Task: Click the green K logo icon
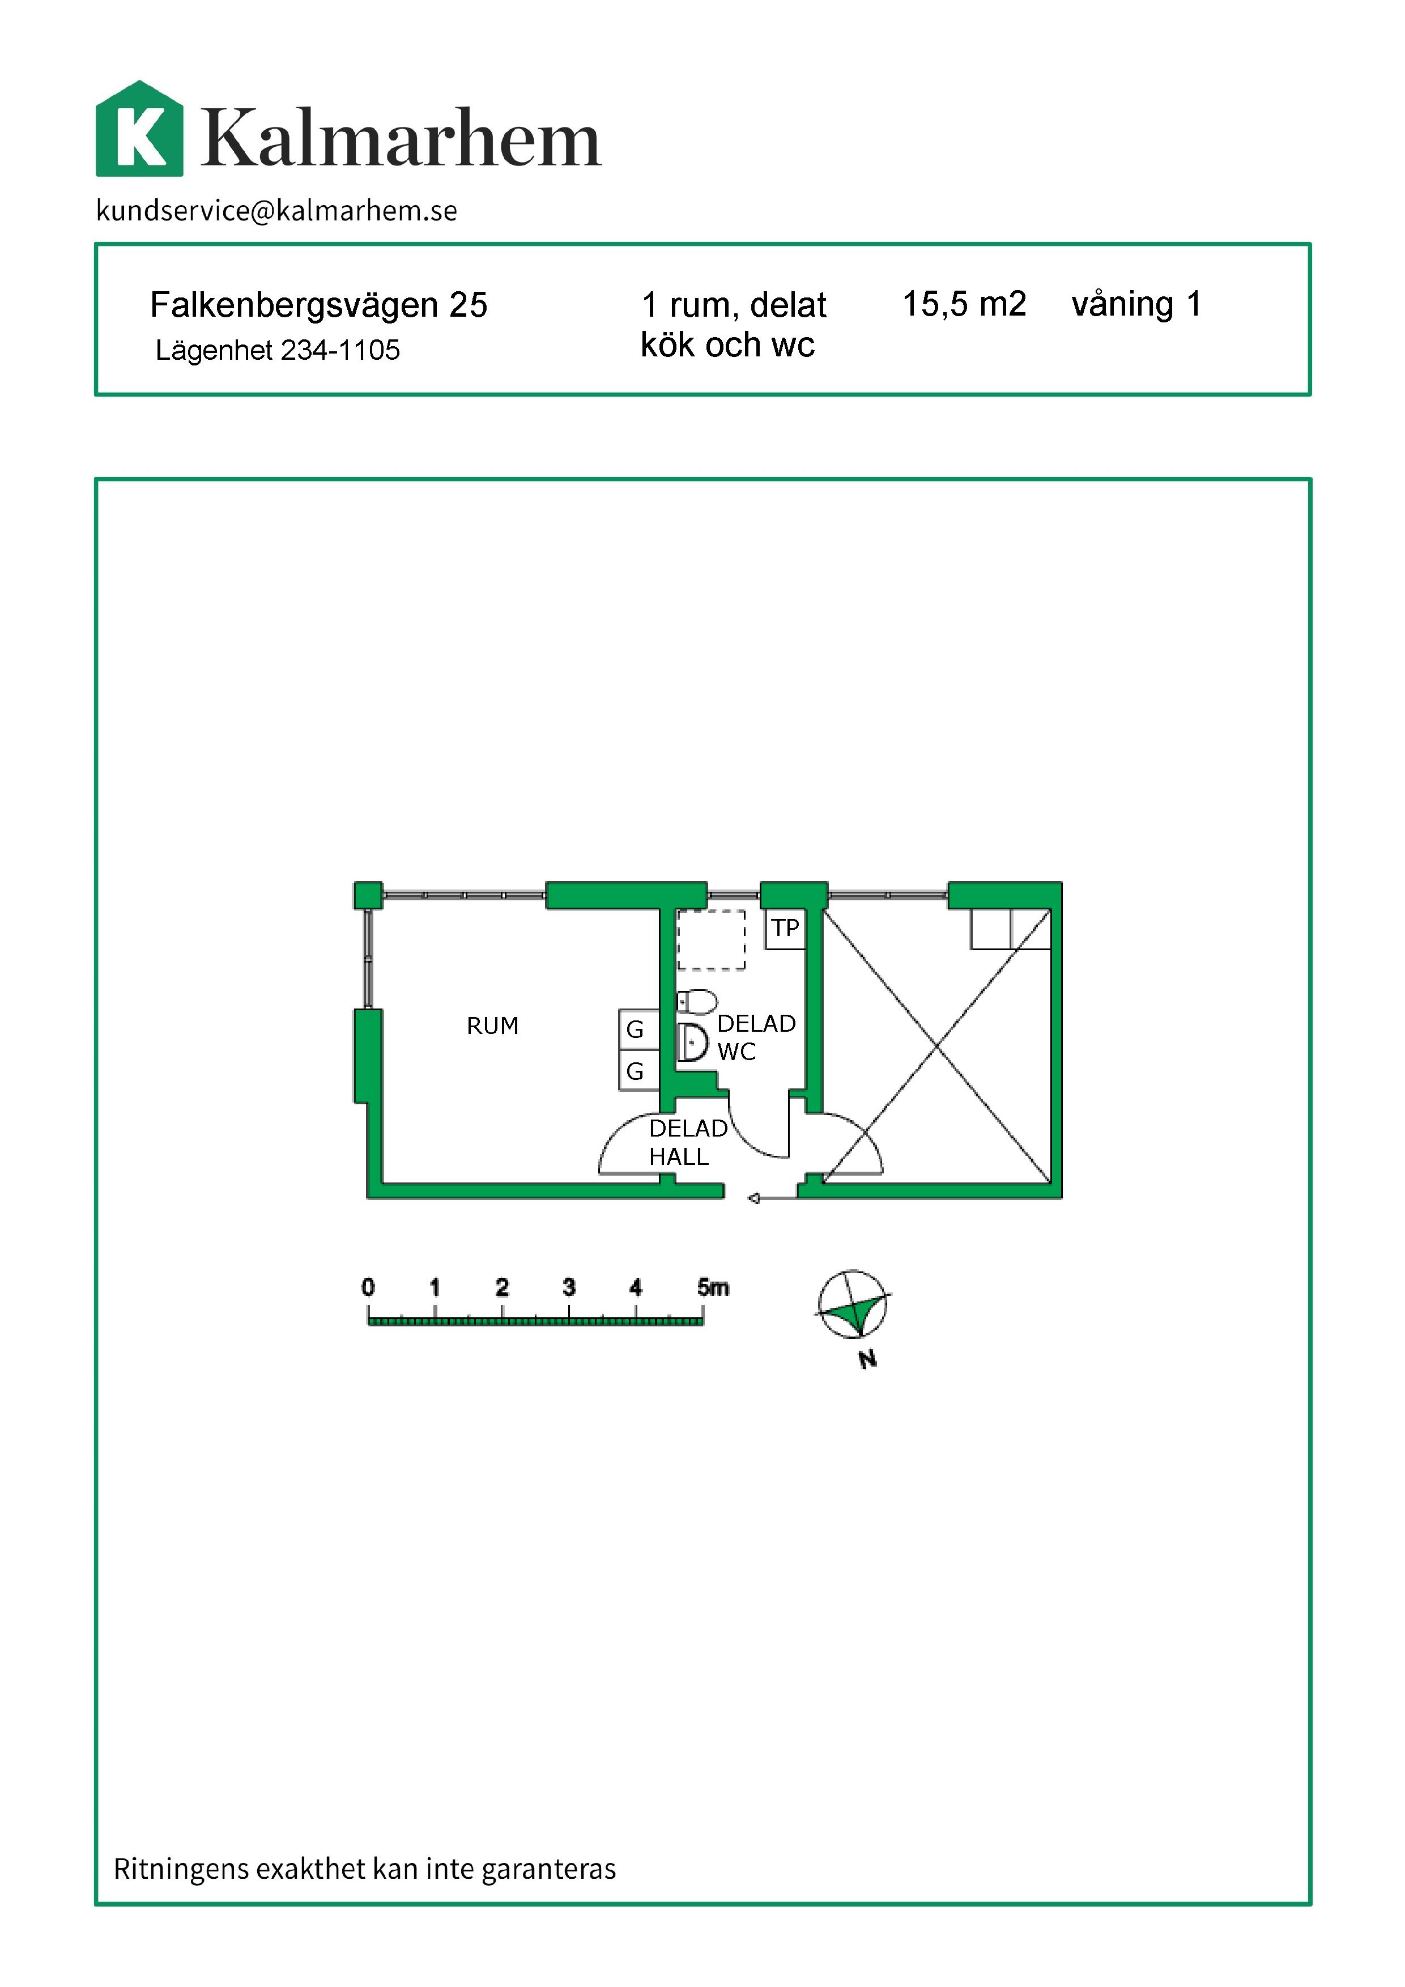pyautogui.click(x=139, y=129)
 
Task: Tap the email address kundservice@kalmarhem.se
pyautogui.click(x=277, y=210)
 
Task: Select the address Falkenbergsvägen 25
pyautogui.click(x=318, y=305)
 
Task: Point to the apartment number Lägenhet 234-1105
pyautogui.click(x=278, y=350)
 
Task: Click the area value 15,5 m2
pyautogui.click(x=964, y=304)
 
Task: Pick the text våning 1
pyautogui.click(x=1136, y=304)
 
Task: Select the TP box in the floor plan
pyautogui.click(x=786, y=929)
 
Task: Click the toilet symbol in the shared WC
pyautogui.click(x=696, y=1002)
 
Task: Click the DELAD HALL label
pyautogui.click(x=688, y=1142)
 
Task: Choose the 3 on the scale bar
pyautogui.click(x=568, y=1287)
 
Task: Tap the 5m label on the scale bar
pyautogui.click(x=713, y=1287)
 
